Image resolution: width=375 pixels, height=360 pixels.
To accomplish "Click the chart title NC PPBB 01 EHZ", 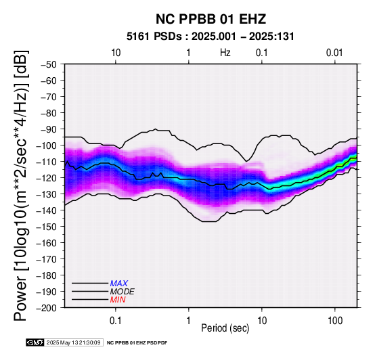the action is pos(211,19).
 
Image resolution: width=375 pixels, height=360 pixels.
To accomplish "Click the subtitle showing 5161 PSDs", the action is pos(210,37).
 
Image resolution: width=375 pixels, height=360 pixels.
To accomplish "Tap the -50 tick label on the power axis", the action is pos(49,64).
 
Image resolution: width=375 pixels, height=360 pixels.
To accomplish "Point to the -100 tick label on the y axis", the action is pos(46,145).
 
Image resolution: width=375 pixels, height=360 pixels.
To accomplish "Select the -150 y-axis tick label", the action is pos(46,227).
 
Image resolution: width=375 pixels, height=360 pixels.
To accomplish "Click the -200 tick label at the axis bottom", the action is pos(46,308).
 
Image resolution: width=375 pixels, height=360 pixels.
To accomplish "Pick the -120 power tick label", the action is pos(46,178).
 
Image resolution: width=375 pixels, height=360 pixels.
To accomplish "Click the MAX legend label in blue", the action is pos(119,284).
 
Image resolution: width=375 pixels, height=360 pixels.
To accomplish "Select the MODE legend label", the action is pos(123,292).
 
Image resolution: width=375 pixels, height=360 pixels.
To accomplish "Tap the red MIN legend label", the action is pos(118,300).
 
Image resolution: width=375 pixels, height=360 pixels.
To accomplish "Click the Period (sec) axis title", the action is pos(225,328).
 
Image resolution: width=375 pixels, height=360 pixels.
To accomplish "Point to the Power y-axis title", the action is pos(21,185).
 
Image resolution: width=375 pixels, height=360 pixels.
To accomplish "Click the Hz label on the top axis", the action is pos(225,53).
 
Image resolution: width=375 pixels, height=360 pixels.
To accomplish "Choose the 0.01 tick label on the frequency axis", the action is pos(334,53).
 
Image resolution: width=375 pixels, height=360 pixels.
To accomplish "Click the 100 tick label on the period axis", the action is pos(335,320).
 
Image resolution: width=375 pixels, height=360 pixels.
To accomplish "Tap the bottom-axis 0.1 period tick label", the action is pos(116,320).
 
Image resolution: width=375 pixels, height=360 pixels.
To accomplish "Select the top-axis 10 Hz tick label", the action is pos(116,53).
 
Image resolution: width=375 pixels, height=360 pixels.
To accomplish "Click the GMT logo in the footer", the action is pos(35,342).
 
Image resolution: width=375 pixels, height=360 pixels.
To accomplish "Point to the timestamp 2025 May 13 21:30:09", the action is pos(73,342).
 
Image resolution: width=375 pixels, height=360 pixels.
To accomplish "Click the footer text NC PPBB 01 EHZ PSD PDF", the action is pos(137,343).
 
